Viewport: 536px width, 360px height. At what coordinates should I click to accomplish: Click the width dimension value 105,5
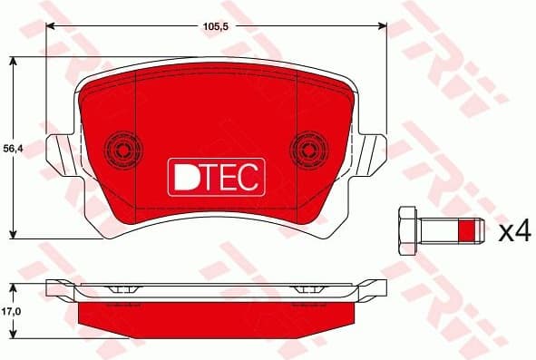tap(215, 26)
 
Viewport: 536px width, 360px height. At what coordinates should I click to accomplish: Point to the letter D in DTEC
tap(182, 176)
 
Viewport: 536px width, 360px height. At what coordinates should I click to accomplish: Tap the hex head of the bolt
tap(406, 232)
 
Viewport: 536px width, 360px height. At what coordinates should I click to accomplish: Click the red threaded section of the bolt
tap(468, 232)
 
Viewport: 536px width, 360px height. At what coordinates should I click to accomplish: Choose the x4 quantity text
tap(514, 232)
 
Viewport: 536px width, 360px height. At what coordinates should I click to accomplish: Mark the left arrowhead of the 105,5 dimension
tap(48, 26)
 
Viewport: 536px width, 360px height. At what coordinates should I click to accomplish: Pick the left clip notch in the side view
tap(121, 288)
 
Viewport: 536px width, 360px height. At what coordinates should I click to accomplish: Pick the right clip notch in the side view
tap(309, 288)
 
